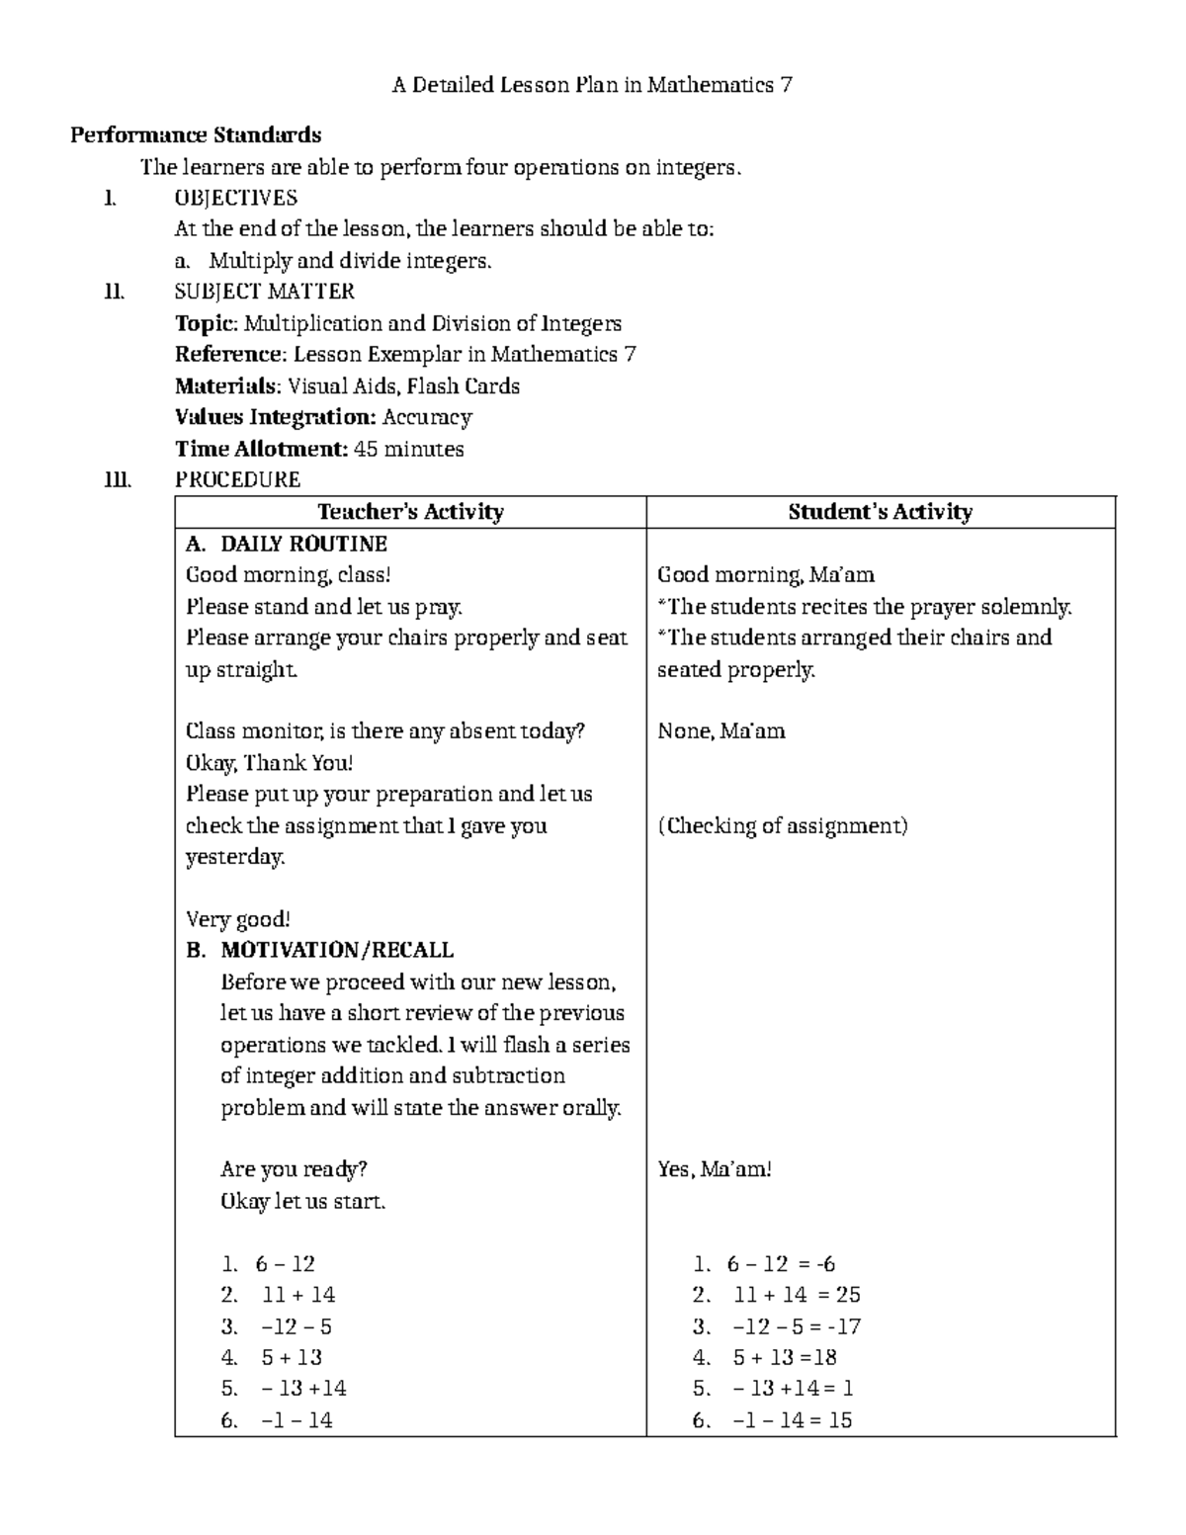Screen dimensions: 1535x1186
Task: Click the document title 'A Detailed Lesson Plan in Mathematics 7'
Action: click(592, 85)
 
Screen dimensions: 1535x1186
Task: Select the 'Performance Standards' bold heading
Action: click(196, 135)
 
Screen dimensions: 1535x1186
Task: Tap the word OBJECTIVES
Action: click(235, 198)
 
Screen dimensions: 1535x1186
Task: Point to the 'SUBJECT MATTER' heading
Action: click(264, 292)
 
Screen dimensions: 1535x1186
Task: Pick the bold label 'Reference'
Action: click(229, 355)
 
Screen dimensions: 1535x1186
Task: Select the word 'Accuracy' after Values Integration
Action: click(427, 417)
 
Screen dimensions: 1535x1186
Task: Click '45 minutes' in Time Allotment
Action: click(408, 449)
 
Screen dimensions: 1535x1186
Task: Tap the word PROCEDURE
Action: click(237, 480)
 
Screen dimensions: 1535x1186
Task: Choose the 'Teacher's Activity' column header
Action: click(410, 512)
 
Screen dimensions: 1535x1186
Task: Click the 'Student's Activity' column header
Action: click(880, 512)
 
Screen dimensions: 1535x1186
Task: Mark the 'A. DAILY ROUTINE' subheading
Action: click(287, 544)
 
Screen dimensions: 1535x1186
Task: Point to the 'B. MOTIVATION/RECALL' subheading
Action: click(319, 951)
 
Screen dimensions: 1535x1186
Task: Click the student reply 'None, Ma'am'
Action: click(720, 731)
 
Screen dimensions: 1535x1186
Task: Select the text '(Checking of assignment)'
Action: click(782, 826)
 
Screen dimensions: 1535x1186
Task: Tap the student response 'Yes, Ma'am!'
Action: click(714, 1169)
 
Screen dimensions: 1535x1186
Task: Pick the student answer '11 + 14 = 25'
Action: click(797, 1295)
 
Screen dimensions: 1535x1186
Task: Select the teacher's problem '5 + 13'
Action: click(292, 1358)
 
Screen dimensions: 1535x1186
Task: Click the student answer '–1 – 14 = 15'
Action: click(792, 1420)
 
